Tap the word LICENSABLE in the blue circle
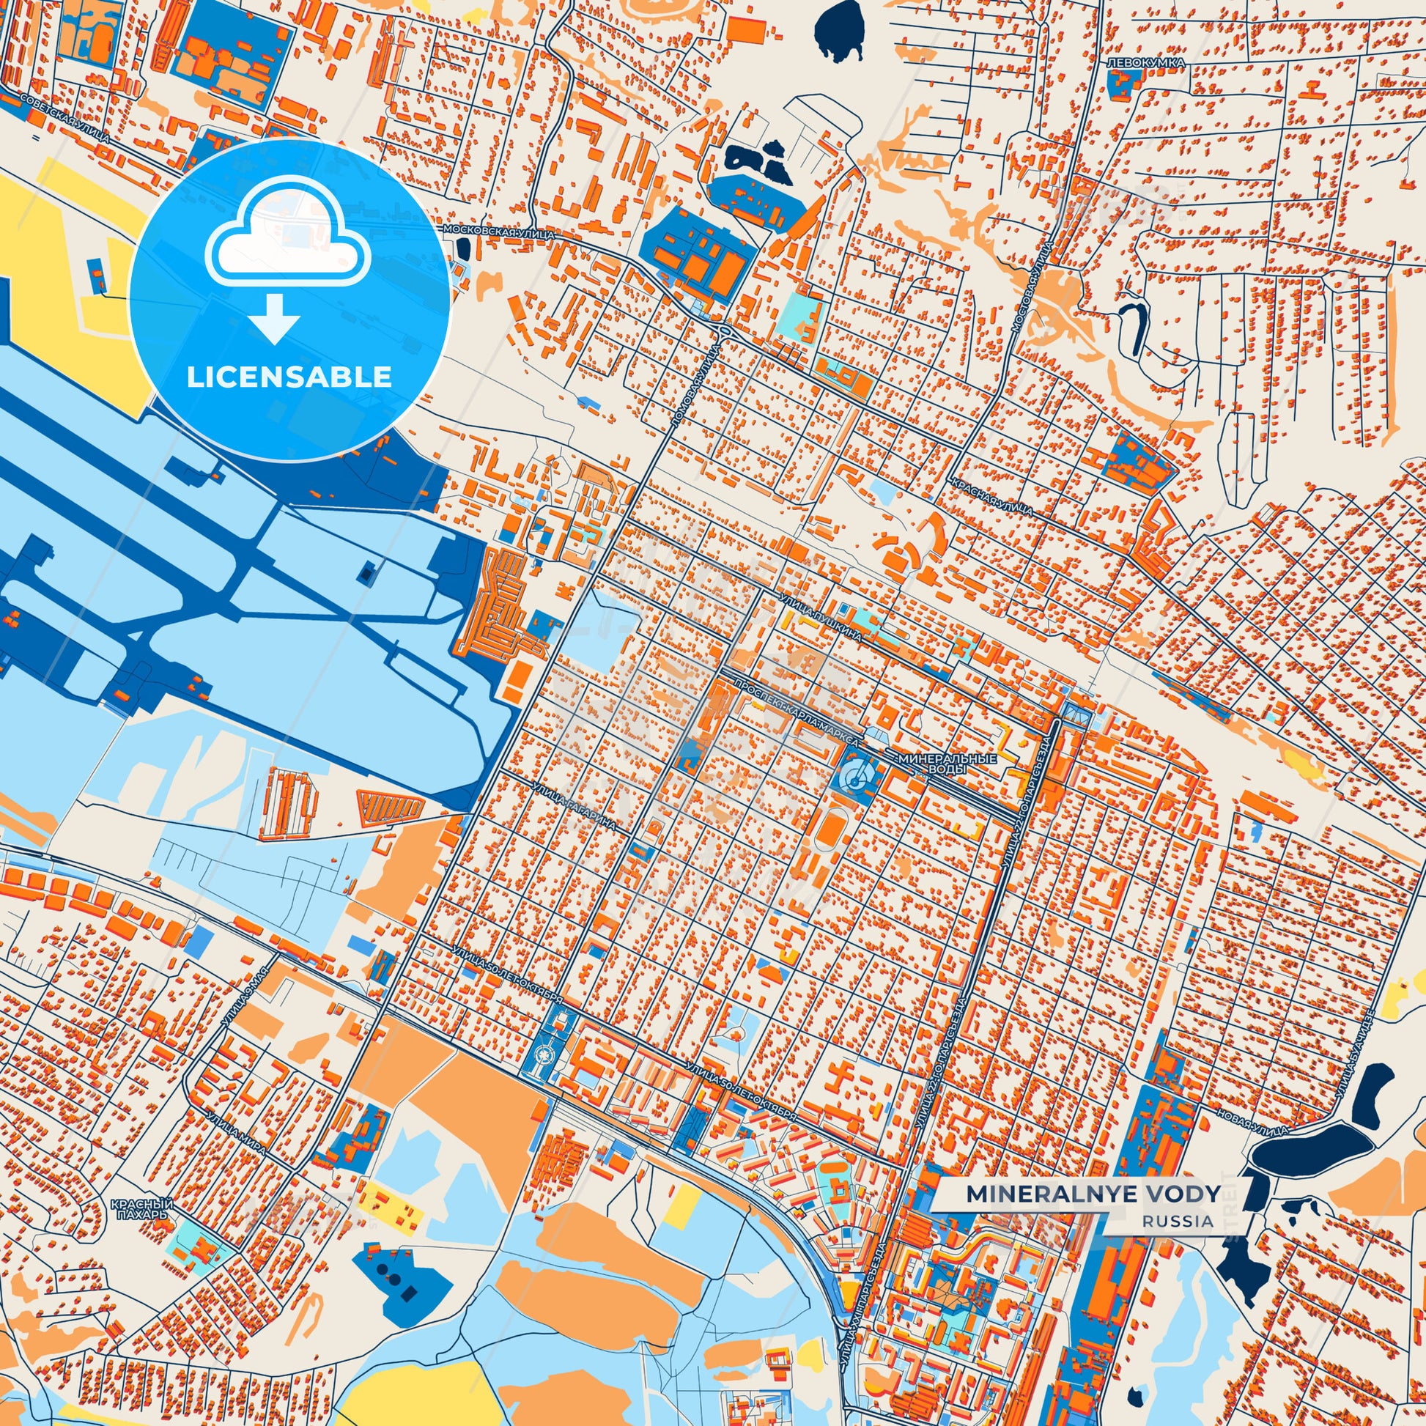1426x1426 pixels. point(289,377)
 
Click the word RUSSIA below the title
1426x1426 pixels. point(1178,1221)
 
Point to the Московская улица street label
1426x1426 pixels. point(498,232)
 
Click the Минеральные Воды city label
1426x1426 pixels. point(947,764)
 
